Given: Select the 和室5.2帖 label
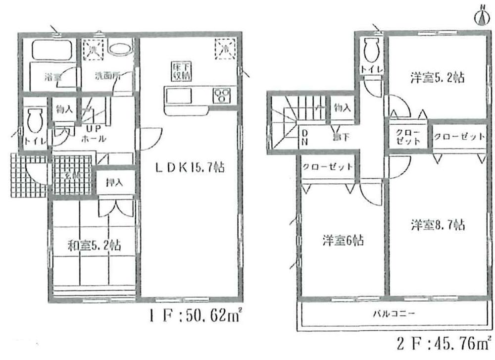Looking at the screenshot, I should (x=94, y=244).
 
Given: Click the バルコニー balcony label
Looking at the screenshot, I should (x=394, y=313).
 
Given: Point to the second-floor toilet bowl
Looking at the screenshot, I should (x=371, y=50).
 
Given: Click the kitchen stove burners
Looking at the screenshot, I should (x=221, y=94).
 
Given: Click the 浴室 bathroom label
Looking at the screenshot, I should (x=49, y=77).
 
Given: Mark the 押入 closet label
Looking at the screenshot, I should (x=115, y=183).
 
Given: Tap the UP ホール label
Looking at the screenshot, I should (x=93, y=134).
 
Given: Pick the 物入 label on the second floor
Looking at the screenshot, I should (x=342, y=107).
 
